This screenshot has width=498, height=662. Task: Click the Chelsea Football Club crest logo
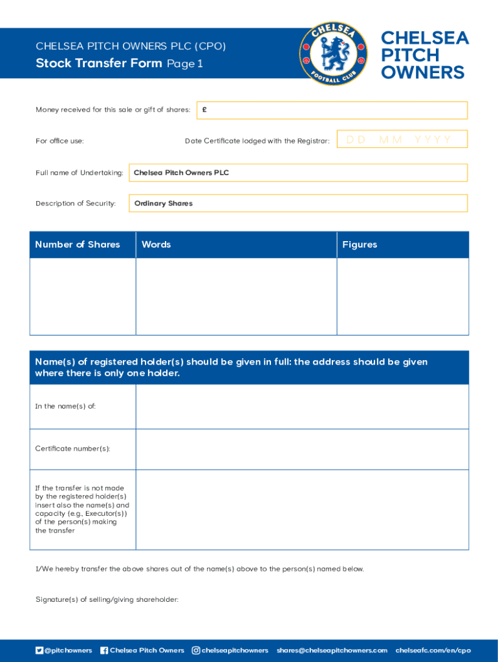(x=334, y=54)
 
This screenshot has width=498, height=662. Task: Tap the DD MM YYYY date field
(x=402, y=140)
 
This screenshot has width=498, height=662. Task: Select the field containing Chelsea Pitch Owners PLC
(x=298, y=173)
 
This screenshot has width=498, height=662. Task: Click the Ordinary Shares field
(x=298, y=203)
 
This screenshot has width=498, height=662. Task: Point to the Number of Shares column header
(x=78, y=244)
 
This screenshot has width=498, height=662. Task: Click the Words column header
(x=157, y=244)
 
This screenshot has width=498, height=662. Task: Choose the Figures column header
(x=360, y=244)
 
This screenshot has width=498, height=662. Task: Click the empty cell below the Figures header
(x=402, y=296)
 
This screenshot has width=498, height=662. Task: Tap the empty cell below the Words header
(x=236, y=296)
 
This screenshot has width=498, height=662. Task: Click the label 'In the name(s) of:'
(x=65, y=406)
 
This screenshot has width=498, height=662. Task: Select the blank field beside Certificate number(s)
(x=302, y=449)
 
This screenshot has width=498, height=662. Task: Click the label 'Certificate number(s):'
(x=72, y=449)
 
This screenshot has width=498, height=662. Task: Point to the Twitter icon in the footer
(x=39, y=650)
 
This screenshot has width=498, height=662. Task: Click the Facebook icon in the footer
(x=104, y=650)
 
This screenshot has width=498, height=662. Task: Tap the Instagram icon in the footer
(x=196, y=650)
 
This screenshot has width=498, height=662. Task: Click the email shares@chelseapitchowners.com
(x=332, y=650)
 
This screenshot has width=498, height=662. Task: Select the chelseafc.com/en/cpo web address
(x=433, y=650)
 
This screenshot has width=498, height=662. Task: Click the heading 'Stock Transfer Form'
(x=99, y=63)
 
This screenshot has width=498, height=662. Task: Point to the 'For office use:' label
(x=60, y=141)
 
